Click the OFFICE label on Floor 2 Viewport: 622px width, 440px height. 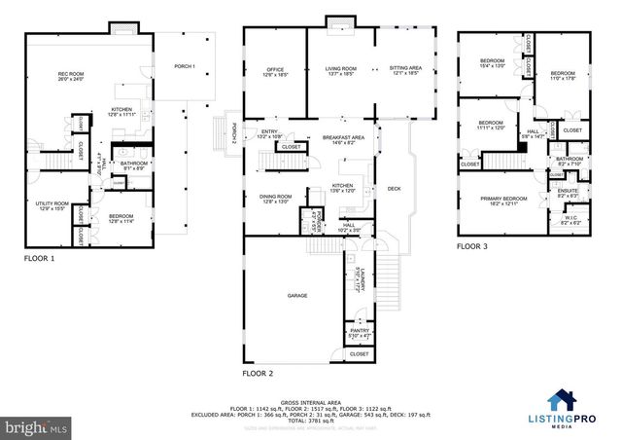tap(274, 70)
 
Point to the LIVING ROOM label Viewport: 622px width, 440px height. tap(340, 70)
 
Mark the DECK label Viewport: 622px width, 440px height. tap(394, 188)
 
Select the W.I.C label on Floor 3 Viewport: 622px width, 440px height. tap(569, 219)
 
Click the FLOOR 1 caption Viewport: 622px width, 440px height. tap(39, 260)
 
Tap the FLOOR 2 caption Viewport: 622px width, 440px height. tap(258, 374)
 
